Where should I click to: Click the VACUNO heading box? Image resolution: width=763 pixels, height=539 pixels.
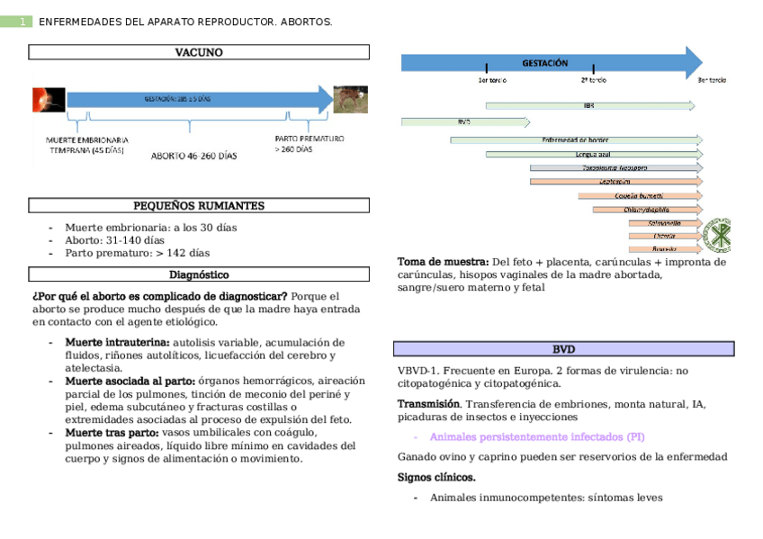coord(199,53)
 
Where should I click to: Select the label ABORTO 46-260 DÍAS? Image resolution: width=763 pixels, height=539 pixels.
coord(193,156)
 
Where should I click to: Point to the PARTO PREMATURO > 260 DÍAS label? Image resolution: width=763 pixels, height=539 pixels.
coord(309,144)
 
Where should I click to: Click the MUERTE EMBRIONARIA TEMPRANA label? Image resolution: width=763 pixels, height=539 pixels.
coord(86,145)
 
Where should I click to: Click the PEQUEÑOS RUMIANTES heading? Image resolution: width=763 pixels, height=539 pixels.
coord(199,206)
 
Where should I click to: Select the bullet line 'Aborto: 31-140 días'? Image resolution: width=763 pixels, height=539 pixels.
coord(114,240)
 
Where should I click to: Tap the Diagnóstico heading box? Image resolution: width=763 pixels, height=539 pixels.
coord(199,274)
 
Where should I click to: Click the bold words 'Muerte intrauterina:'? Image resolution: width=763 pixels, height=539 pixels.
coord(116,343)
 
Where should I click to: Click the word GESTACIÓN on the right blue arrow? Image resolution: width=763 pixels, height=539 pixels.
coord(544,64)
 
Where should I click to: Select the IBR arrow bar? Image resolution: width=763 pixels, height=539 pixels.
coord(589,105)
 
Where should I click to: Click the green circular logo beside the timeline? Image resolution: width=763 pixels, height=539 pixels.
coord(716,235)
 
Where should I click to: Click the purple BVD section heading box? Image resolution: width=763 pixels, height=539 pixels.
coord(566,349)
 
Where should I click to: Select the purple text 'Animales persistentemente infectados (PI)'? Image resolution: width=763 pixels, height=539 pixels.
coord(536,436)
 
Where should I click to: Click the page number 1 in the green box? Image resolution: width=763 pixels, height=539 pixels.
coord(21,21)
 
